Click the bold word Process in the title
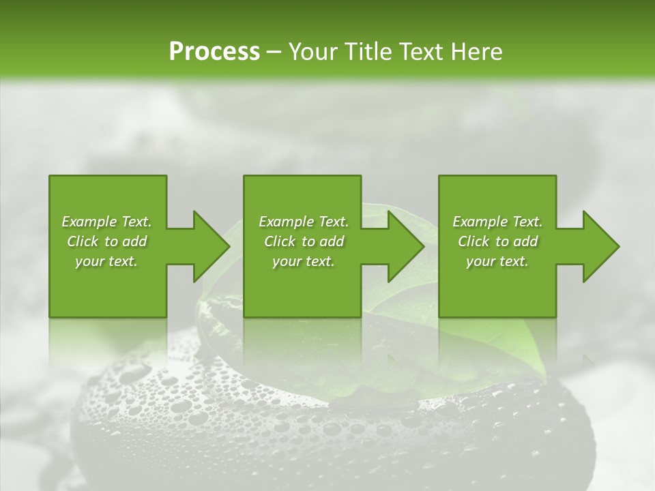click(214, 52)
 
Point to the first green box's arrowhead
click(212, 246)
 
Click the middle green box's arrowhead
click(406, 246)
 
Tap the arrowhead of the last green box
click(600, 246)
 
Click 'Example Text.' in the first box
click(106, 222)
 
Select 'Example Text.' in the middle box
click(304, 222)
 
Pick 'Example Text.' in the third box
click(497, 222)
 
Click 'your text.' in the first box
click(106, 262)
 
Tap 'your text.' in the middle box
click(304, 262)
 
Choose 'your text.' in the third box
click(497, 262)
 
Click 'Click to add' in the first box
click(106, 241)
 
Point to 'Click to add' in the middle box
click(304, 241)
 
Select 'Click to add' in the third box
click(497, 241)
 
